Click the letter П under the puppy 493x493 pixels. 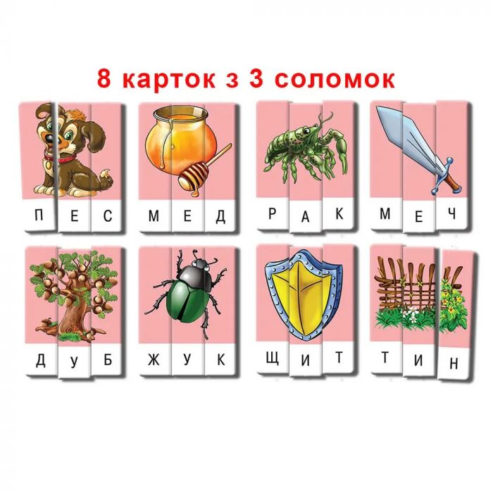(x=39, y=216)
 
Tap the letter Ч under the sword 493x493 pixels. (x=452, y=214)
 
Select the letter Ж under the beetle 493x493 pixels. (x=154, y=360)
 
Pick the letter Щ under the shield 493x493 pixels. (x=273, y=358)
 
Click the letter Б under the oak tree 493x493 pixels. (x=108, y=360)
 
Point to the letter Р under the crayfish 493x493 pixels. (x=273, y=214)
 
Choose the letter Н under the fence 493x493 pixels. (x=454, y=364)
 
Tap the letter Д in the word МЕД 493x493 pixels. (x=220, y=216)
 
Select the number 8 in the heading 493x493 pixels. (x=104, y=79)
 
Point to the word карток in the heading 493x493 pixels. (x=172, y=80)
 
